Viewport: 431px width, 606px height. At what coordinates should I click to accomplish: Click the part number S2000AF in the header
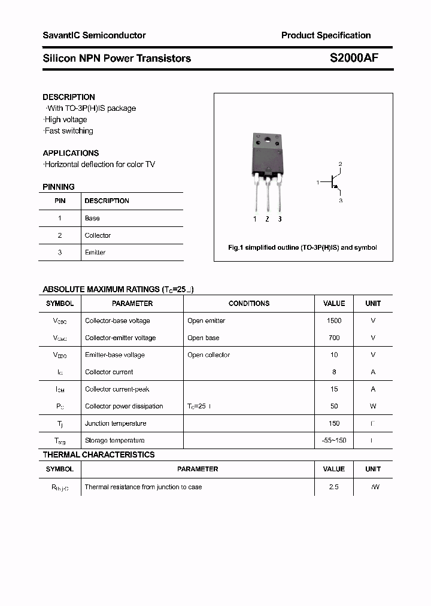click(x=354, y=58)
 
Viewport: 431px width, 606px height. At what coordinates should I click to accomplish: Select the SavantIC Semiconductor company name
click(x=94, y=35)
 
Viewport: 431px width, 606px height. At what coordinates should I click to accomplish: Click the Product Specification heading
click(x=326, y=35)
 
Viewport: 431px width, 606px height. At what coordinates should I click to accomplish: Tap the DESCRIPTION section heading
click(x=69, y=97)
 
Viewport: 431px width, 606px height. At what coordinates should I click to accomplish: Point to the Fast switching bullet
click(x=69, y=131)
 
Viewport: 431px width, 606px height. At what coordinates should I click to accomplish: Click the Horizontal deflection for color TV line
click(x=99, y=164)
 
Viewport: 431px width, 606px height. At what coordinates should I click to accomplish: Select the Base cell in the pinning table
click(x=92, y=219)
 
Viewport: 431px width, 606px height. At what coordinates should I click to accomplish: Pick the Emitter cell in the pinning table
click(x=95, y=253)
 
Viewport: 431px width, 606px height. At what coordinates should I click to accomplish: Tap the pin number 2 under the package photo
click(x=267, y=219)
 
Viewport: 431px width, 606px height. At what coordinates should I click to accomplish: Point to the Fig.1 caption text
click(x=303, y=247)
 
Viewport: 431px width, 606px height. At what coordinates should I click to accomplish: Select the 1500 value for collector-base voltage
click(x=334, y=321)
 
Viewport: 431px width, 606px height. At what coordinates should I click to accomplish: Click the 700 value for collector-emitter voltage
click(x=334, y=338)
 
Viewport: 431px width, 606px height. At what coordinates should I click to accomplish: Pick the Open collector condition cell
click(x=208, y=355)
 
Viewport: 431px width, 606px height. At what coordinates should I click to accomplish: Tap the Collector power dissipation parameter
click(x=124, y=407)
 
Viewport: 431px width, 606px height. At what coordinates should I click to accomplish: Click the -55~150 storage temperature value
click(x=334, y=441)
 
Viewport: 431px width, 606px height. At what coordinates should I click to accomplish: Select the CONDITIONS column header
click(x=249, y=304)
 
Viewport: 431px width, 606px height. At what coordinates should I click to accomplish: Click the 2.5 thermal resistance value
click(x=334, y=487)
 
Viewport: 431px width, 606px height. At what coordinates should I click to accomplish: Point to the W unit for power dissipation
click(x=373, y=407)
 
